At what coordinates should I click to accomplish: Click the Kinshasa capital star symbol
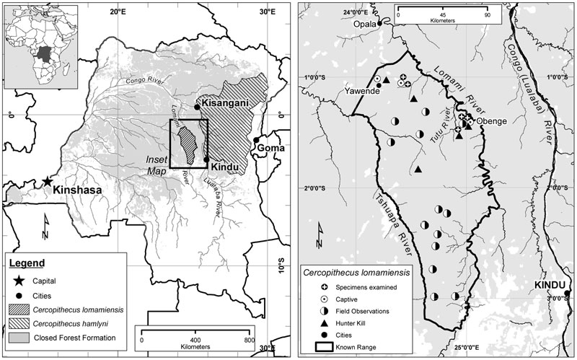[x=48, y=182]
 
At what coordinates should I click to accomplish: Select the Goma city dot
[x=257, y=140]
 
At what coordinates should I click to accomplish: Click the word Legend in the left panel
[x=29, y=263]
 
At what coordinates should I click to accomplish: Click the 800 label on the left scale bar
[x=248, y=339]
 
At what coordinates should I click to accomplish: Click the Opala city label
[x=364, y=23]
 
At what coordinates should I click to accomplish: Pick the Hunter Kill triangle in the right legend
[x=327, y=322]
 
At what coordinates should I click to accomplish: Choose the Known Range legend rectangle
[x=327, y=345]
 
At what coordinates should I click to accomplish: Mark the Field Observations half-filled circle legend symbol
[x=327, y=310]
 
